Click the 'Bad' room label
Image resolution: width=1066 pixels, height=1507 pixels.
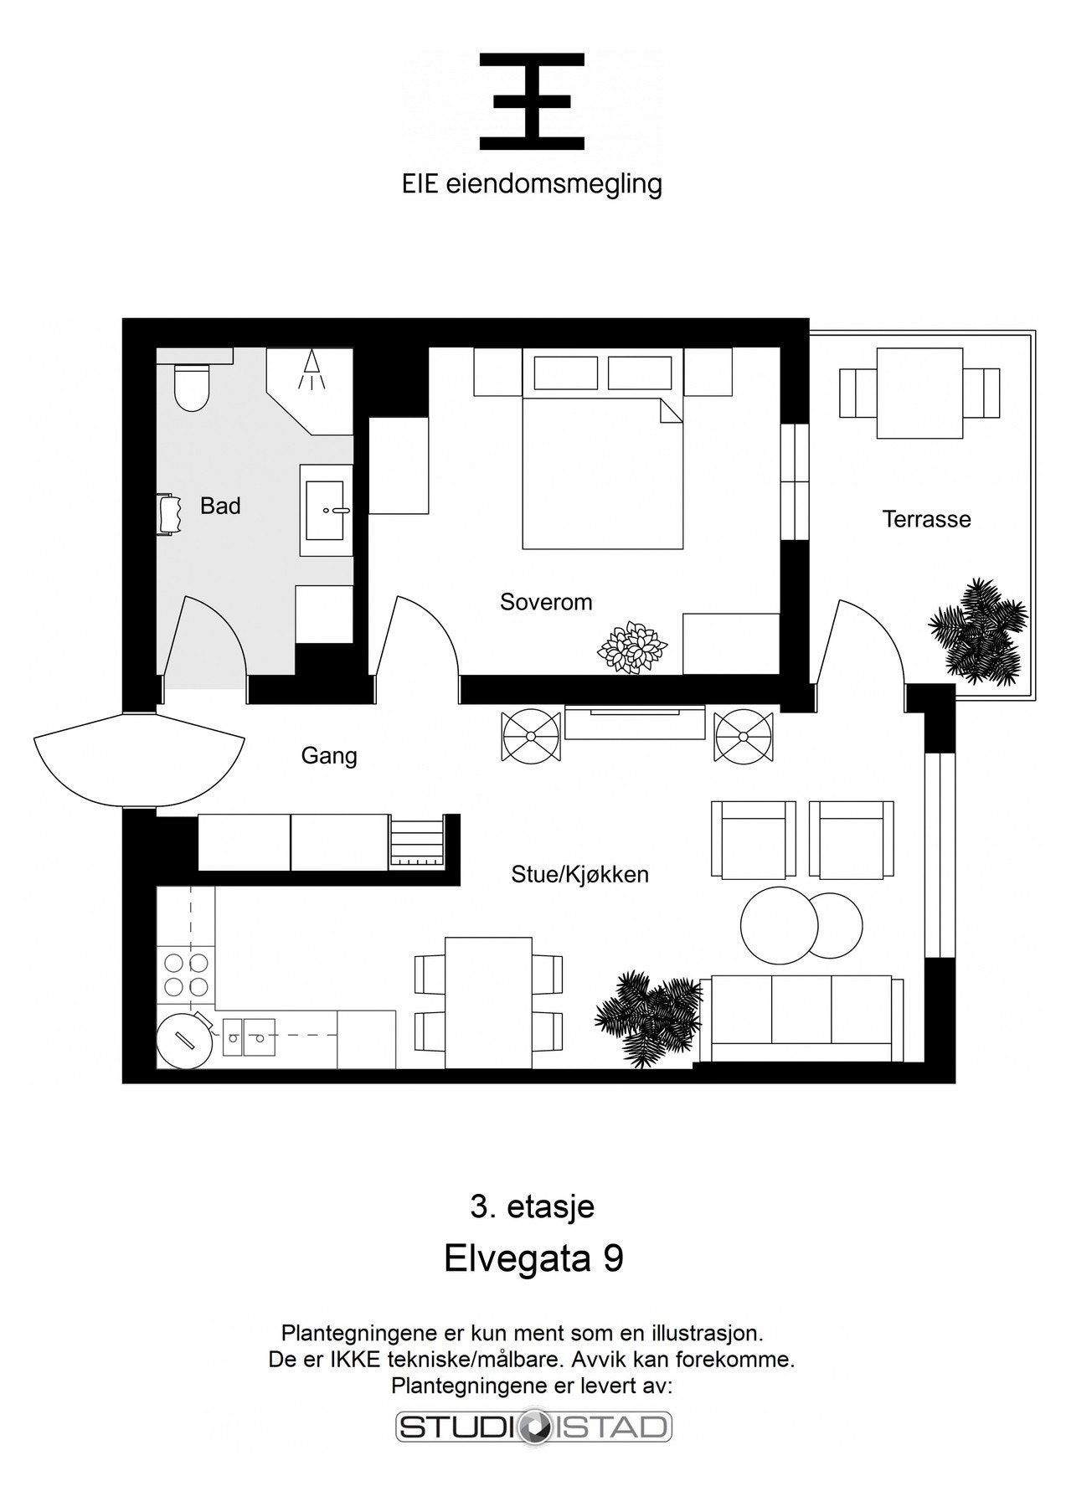pyautogui.click(x=220, y=506)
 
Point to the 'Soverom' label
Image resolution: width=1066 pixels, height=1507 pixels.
pyautogui.click(x=546, y=602)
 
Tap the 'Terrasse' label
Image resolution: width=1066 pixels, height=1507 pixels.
pyautogui.click(x=927, y=519)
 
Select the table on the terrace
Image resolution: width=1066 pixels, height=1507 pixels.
pyautogui.click(x=919, y=393)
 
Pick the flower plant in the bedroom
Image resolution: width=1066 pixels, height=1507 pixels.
pyautogui.click(x=632, y=647)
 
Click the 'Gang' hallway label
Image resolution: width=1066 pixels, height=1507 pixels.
pyautogui.click(x=329, y=756)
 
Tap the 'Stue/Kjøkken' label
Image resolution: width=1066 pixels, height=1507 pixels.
pyautogui.click(x=580, y=875)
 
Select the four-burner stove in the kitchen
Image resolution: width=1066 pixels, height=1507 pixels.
pyautogui.click(x=186, y=974)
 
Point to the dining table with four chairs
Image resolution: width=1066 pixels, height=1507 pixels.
pyautogui.click(x=488, y=1003)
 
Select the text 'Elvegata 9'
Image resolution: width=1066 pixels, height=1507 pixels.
pyautogui.click(x=533, y=1259)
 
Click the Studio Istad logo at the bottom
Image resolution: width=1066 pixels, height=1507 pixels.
pyautogui.click(x=533, y=1427)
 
